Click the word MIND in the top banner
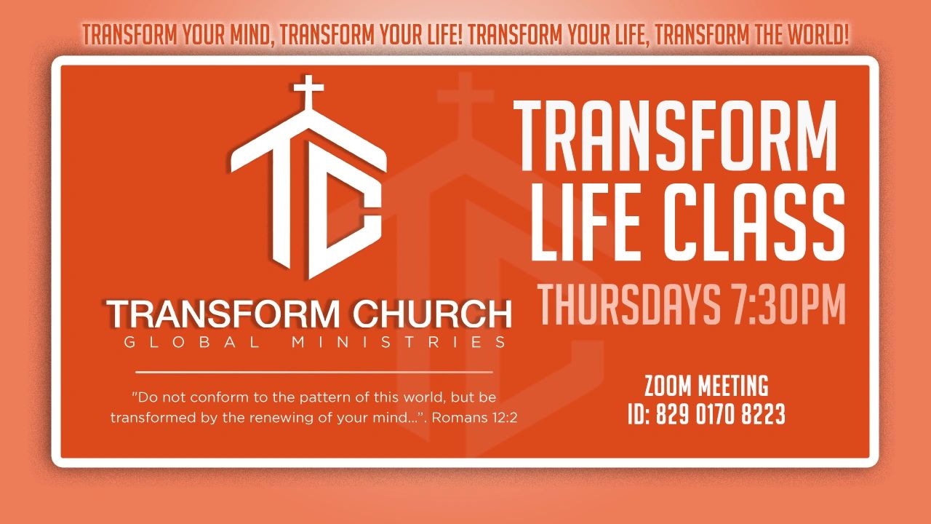pos(251,35)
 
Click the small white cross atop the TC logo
pos(308,92)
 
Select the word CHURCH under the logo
pos(432,314)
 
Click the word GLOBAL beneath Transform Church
pos(192,342)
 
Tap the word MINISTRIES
pos(399,342)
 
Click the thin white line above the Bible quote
pos(313,372)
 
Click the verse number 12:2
pos(505,418)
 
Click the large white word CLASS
pos(754,223)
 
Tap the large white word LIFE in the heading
pos(586,223)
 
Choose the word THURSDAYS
pos(629,303)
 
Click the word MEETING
pos(733,386)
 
